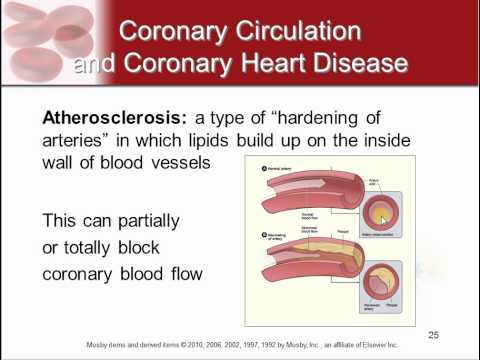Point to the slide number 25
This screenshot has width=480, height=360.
pos(433,334)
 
